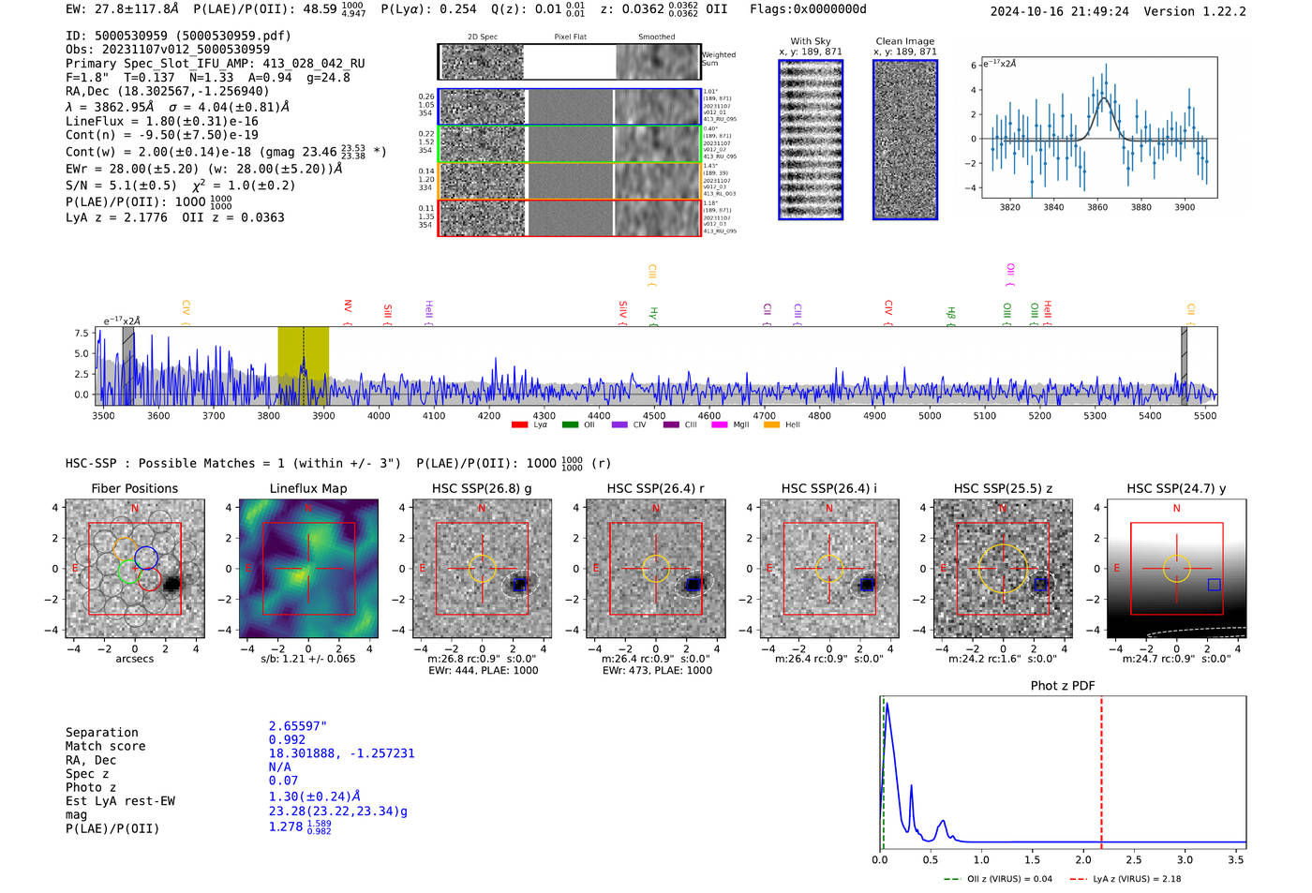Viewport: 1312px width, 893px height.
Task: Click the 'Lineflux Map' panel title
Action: pyautogui.click(x=307, y=488)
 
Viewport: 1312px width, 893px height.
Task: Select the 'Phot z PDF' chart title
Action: pyautogui.click(x=1063, y=685)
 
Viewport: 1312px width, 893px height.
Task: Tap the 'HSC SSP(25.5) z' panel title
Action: pyautogui.click(x=1003, y=488)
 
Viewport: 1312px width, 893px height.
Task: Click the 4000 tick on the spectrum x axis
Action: pyautogui.click(x=379, y=416)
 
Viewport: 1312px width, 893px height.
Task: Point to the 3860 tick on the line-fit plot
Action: pyautogui.click(x=1097, y=207)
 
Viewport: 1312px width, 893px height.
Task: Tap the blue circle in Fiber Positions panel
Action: pyautogui.click(x=146, y=558)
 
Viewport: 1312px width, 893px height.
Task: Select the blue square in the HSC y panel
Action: pyautogui.click(x=1215, y=585)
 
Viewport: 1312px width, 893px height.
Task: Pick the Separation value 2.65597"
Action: pyautogui.click(x=298, y=726)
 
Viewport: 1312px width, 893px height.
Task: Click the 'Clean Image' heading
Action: pyautogui.click(x=904, y=41)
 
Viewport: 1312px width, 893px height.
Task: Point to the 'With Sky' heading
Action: pyautogui.click(x=811, y=41)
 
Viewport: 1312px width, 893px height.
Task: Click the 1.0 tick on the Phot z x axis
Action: pyautogui.click(x=981, y=859)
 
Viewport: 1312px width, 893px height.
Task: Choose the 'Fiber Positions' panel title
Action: pyautogui.click(x=135, y=488)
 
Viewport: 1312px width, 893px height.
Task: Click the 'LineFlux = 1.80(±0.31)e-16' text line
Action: pyautogui.click(x=161, y=121)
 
